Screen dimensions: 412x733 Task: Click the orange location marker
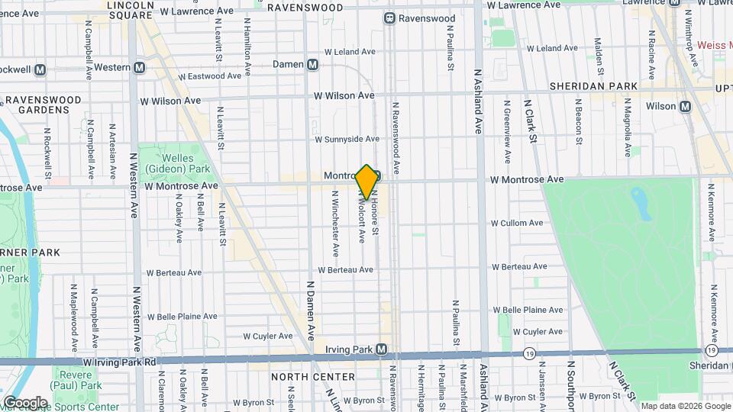(x=366, y=182)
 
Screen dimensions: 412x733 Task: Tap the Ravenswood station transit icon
(x=389, y=18)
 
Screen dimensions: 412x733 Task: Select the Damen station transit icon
(x=312, y=65)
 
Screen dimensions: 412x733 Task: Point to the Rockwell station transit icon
(x=40, y=69)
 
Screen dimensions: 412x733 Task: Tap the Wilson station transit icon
(x=686, y=106)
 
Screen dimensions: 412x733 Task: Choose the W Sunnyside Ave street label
(x=347, y=139)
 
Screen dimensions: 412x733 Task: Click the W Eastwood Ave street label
(x=212, y=76)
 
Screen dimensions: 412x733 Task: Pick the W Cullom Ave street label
(x=517, y=223)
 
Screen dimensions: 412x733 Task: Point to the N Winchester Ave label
(x=335, y=223)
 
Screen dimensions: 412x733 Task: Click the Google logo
(x=25, y=402)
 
